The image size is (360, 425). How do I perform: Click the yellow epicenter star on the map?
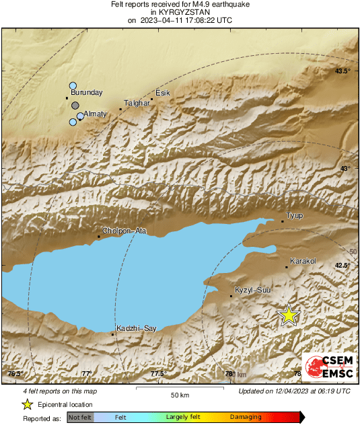click(289, 315)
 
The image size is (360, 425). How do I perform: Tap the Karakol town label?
click(302, 261)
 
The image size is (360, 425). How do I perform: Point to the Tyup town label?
click(295, 215)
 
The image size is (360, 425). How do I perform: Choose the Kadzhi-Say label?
click(136, 327)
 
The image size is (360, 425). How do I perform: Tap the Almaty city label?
click(95, 114)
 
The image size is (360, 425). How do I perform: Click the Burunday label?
click(86, 92)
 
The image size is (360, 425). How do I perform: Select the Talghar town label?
click(136, 103)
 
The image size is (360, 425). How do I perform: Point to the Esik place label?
click(163, 93)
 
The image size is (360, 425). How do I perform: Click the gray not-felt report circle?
click(76, 106)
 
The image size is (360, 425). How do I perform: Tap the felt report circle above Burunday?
click(73, 85)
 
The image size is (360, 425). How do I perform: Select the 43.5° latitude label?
click(343, 71)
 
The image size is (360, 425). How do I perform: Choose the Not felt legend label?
click(80, 418)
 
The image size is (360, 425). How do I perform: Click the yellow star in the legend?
click(27, 404)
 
